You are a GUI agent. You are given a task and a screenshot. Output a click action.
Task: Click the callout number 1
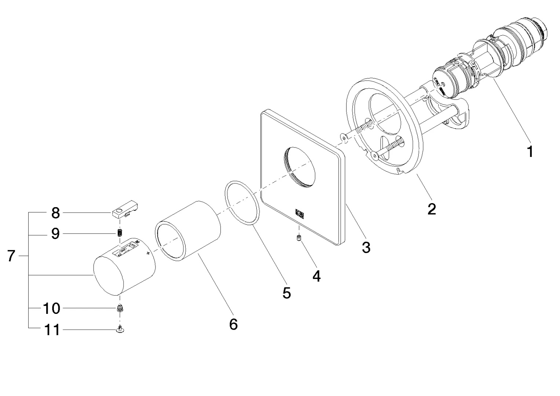530,151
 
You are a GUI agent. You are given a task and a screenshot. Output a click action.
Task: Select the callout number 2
432,209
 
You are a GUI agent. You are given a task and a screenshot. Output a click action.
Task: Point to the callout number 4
316,276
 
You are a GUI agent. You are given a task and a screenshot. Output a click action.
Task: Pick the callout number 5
286,293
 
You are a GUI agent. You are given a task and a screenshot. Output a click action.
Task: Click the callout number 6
233,324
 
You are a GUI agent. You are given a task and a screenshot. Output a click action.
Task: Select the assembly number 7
11,256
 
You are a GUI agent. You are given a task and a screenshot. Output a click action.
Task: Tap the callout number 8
55,212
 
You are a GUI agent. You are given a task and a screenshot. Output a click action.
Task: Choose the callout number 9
55,233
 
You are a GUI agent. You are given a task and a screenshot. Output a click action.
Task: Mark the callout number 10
51,308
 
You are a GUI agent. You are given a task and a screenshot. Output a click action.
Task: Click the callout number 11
51,330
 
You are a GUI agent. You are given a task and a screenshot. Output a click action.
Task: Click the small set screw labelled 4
299,239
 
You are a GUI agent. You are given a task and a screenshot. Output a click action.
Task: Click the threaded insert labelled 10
120,308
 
